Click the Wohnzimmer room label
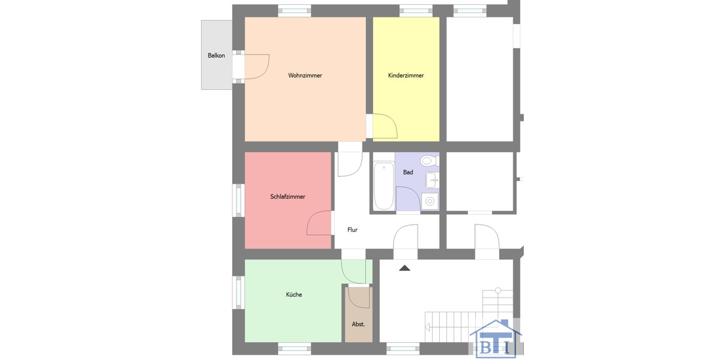305,76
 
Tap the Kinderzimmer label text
406,76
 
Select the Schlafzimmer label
288,197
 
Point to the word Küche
294,295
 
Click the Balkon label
216,56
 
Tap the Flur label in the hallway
353,230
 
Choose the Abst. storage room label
358,324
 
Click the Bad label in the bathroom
408,172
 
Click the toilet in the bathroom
428,161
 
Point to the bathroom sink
433,179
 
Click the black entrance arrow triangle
405,268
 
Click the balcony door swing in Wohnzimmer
256,67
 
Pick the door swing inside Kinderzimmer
384,126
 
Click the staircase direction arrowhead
427,328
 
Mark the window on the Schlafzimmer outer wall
238,199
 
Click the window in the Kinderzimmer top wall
416,10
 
